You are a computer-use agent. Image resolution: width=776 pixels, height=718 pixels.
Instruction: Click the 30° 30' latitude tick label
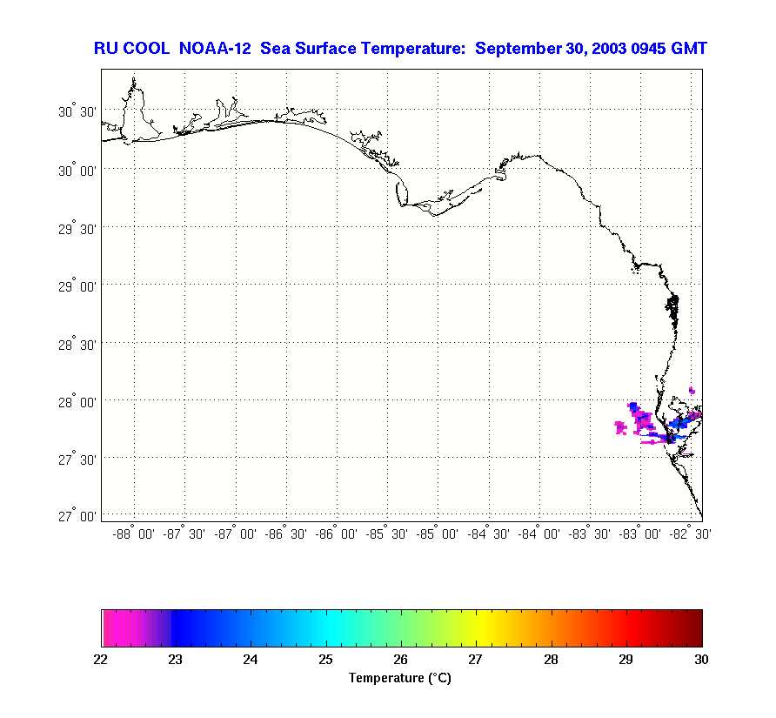[x=77, y=113]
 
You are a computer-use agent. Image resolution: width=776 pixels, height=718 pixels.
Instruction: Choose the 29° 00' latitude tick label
[x=77, y=286]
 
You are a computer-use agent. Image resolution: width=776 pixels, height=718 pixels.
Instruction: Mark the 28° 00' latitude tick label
[x=77, y=402]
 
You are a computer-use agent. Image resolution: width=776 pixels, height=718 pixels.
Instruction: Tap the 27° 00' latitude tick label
[x=77, y=517]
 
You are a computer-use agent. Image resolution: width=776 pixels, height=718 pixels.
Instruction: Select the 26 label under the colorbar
[x=401, y=660]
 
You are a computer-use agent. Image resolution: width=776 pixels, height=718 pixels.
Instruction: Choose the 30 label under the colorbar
[x=701, y=660]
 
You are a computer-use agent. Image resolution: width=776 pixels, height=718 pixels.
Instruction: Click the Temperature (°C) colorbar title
[x=400, y=678]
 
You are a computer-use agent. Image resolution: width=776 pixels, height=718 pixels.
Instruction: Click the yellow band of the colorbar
[x=477, y=628]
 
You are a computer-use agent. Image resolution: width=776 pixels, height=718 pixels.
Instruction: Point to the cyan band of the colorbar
[x=326, y=628]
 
